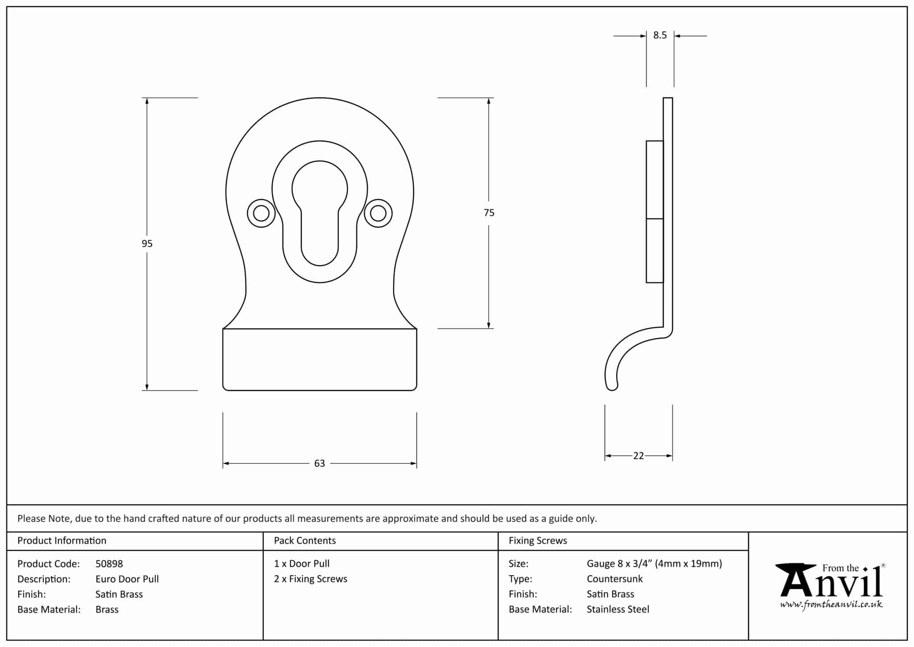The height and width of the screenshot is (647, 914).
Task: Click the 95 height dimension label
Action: click(147, 244)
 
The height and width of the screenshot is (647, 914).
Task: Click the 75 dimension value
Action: click(489, 213)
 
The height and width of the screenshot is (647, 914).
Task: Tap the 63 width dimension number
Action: click(320, 463)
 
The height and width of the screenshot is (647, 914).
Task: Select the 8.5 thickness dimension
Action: click(660, 35)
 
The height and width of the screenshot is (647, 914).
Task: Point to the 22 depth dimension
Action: click(638, 456)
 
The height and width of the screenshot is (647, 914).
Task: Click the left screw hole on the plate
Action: click(261, 213)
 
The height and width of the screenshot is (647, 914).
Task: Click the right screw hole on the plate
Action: click(378, 213)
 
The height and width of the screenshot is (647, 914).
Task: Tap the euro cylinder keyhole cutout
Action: click(320, 213)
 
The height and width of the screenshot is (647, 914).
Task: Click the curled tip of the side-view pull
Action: click(612, 386)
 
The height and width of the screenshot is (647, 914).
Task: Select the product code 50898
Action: click(109, 564)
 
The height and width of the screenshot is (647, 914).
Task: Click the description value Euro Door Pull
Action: click(127, 579)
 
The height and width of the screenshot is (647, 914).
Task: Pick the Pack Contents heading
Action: click(305, 541)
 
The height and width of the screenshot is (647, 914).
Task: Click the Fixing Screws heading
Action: click(538, 541)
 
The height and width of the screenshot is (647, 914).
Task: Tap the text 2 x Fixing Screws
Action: click(311, 579)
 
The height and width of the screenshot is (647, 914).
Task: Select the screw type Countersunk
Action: click(615, 579)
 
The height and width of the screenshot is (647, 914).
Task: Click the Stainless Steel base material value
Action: click(618, 609)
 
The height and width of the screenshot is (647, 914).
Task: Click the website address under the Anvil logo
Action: click(831, 605)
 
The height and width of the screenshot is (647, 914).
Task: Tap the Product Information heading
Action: click(62, 541)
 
